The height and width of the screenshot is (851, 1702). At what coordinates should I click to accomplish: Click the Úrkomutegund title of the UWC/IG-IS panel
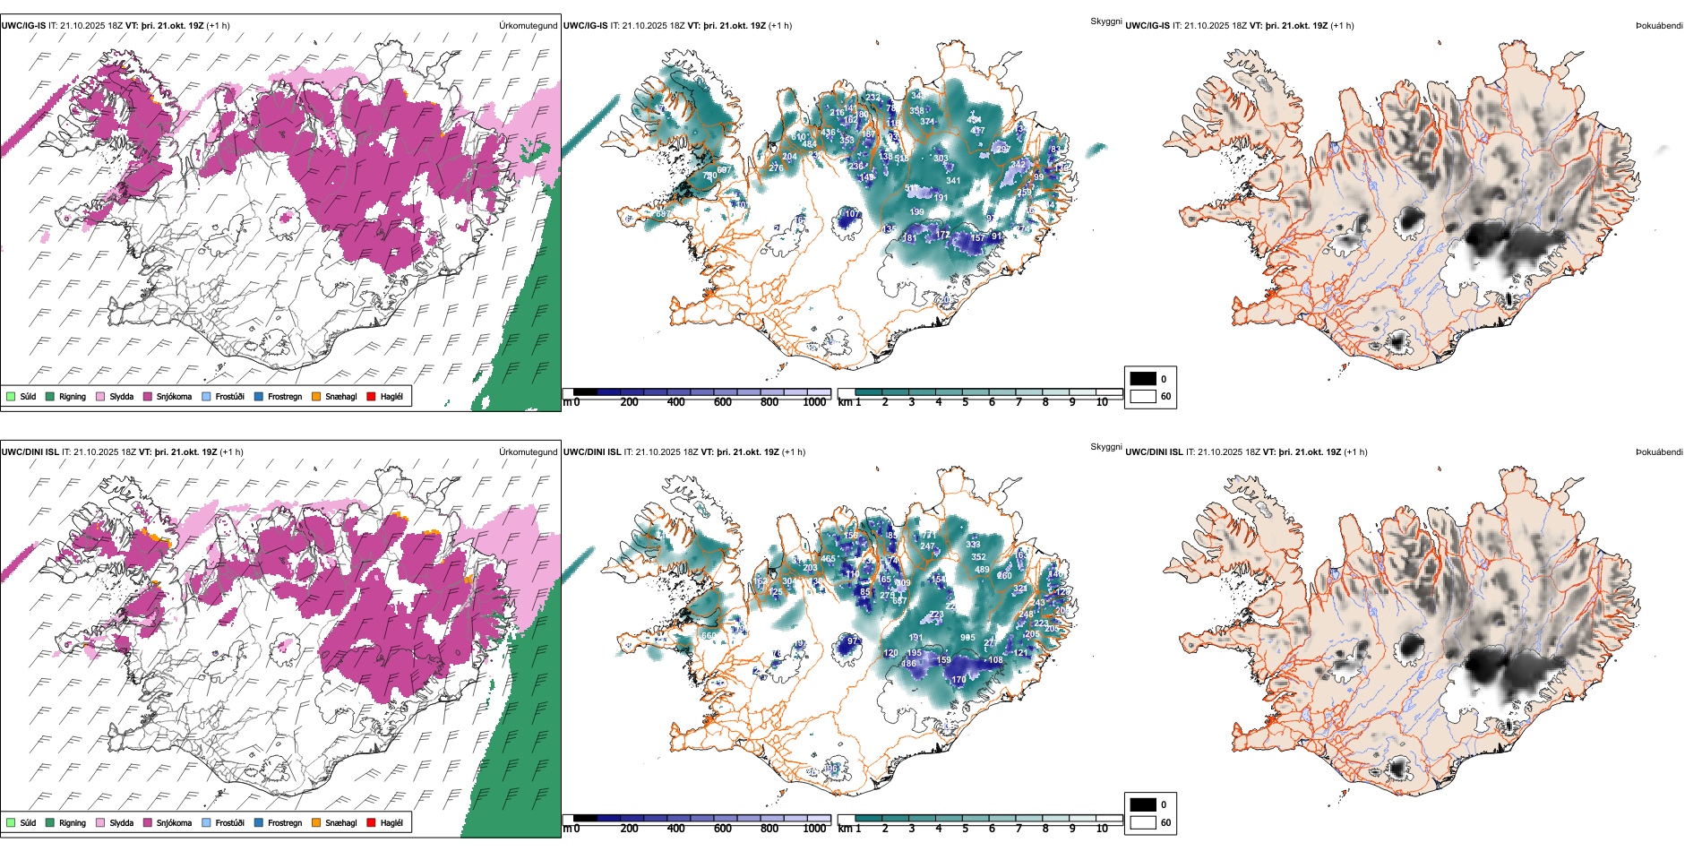pos(528,25)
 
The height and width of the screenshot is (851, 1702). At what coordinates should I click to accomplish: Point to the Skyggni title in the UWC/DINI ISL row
pos(1105,446)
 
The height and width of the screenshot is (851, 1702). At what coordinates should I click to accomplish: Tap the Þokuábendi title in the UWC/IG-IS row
pos(1659,25)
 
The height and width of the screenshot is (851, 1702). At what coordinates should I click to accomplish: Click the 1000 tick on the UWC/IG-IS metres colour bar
pos(814,402)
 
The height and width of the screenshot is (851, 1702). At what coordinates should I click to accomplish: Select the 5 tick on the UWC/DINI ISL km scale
pos(965,829)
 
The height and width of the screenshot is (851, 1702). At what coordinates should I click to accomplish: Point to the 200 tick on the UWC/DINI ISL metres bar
pos(629,829)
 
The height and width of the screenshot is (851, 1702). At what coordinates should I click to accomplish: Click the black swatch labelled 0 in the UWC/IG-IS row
pos(1143,379)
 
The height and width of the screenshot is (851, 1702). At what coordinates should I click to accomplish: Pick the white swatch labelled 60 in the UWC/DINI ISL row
pos(1143,822)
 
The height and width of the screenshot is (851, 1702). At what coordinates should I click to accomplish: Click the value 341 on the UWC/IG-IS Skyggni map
pos(953,181)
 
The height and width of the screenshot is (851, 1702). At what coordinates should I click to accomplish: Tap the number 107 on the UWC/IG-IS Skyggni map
pos(852,214)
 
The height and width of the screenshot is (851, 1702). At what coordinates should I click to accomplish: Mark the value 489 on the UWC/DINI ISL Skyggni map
pos(982,570)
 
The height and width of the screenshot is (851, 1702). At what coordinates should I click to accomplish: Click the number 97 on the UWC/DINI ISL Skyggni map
pos(852,641)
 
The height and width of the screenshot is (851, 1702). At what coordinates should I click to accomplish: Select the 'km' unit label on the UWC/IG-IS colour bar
pos(844,402)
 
